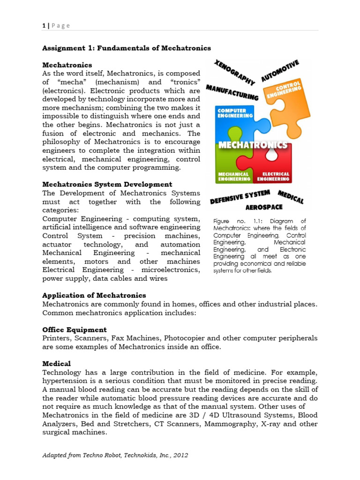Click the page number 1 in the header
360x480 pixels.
[44, 26]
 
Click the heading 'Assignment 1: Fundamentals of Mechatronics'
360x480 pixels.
[127, 48]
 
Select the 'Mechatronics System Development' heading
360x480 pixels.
[107, 184]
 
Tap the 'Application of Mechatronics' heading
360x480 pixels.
[94, 295]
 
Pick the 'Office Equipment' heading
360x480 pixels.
[75, 330]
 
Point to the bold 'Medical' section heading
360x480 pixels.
[57, 363]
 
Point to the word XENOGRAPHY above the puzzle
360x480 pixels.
[234, 72]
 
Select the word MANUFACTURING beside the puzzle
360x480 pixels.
[232, 92]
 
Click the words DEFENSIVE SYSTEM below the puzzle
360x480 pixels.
[240, 196]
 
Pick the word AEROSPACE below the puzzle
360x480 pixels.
[264, 207]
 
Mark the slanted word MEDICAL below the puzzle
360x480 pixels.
[291, 196]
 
